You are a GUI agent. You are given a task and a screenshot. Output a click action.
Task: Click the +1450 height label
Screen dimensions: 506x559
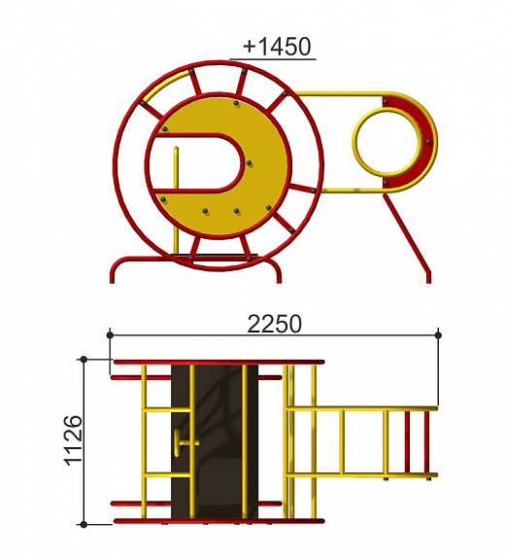(277, 47)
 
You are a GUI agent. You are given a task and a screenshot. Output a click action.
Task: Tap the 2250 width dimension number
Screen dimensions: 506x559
(274, 324)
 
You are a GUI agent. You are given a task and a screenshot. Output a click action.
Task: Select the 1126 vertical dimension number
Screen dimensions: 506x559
(74, 440)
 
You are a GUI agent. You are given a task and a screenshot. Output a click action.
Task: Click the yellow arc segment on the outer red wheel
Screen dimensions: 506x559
(165, 86)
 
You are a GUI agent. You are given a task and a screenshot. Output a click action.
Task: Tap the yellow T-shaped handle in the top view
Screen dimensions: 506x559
(186, 442)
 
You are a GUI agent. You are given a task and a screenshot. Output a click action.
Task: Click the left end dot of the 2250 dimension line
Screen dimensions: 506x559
(110, 335)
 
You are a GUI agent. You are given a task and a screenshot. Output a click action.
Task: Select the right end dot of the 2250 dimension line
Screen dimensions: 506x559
(438, 335)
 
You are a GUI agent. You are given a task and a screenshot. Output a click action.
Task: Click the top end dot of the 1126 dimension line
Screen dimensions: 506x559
(84, 360)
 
